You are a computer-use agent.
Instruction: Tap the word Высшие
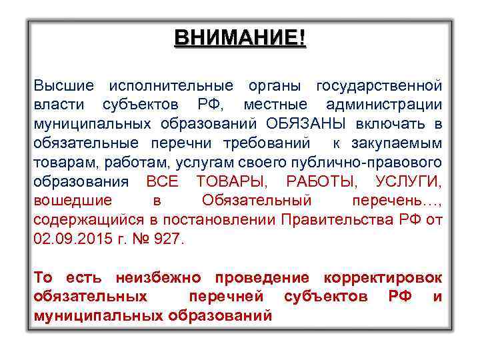pos(65,86)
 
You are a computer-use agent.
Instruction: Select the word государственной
pos(379,86)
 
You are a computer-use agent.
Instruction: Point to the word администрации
pos(384,105)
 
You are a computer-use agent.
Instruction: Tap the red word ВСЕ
pos(163,181)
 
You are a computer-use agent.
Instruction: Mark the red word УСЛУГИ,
pos(408,181)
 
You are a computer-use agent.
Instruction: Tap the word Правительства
pos(344,219)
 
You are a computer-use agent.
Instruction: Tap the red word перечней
pos(227,296)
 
